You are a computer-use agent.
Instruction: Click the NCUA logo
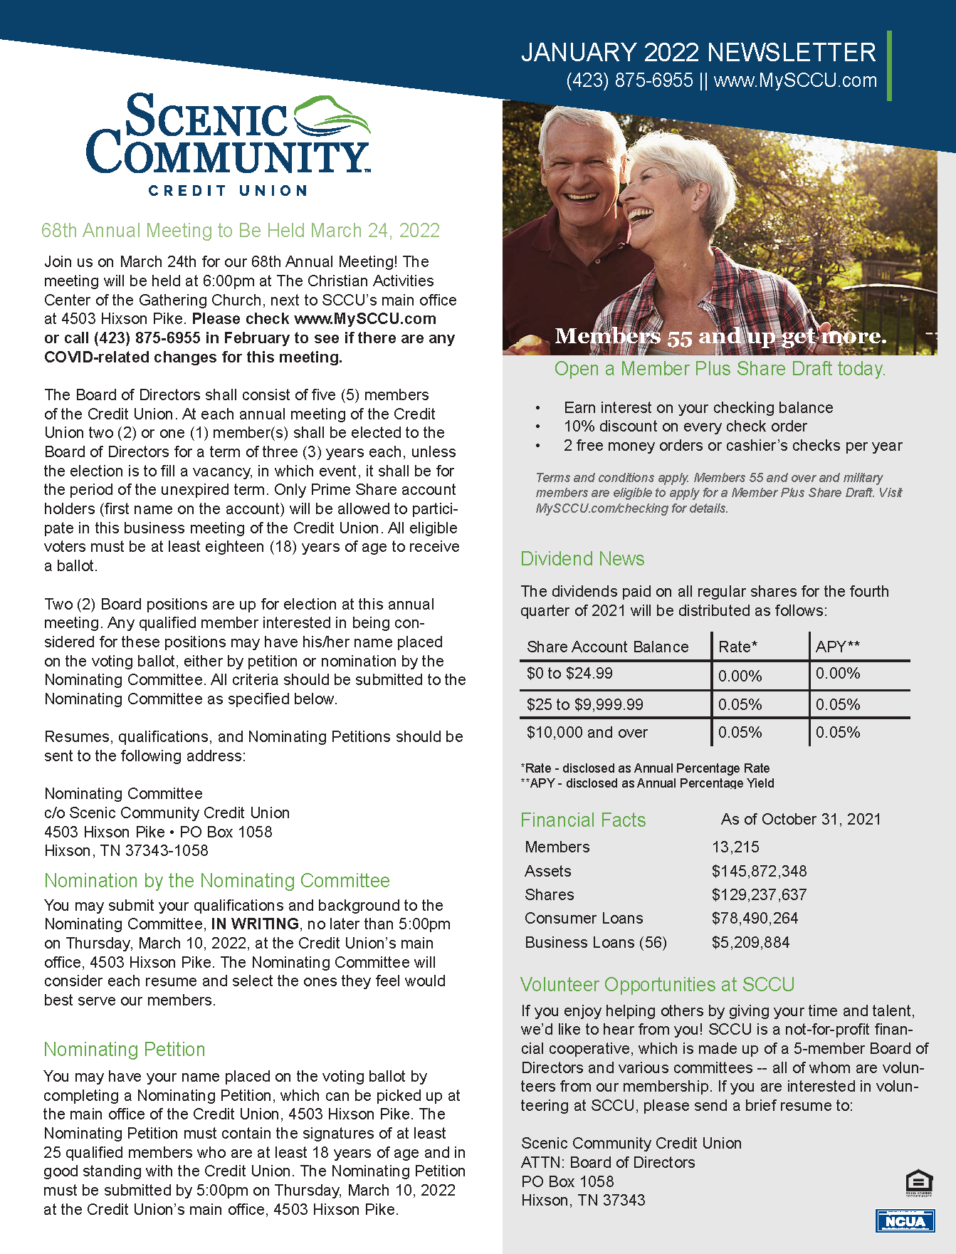(x=905, y=1220)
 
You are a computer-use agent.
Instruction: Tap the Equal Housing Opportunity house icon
(x=919, y=1182)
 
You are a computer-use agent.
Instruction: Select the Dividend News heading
(x=582, y=558)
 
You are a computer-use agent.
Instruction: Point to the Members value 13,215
(x=735, y=847)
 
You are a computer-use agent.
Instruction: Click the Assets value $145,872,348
(x=759, y=871)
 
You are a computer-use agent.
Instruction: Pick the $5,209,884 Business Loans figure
(x=750, y=942)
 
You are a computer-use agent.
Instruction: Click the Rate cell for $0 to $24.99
(x=740, y=675)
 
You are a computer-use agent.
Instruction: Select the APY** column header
(x=837, y=647)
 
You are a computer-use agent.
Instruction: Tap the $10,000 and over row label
(x=587, y=732)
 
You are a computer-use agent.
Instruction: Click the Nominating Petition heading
(x=125, y=1049)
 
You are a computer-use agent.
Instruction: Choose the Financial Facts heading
(x=583, y=820)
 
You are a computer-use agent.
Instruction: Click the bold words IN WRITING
(x=255, y=924)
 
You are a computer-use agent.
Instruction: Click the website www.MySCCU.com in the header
(x=795, y=80)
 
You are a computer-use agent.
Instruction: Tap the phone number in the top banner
(x=629, y=80)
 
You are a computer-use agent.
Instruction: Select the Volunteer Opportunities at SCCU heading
(x=657, y=984)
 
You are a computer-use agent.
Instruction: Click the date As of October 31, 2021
(x=801, y=819)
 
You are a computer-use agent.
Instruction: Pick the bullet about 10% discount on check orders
(x=685, y=426)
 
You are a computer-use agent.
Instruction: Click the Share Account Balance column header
(x=607, y=647)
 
